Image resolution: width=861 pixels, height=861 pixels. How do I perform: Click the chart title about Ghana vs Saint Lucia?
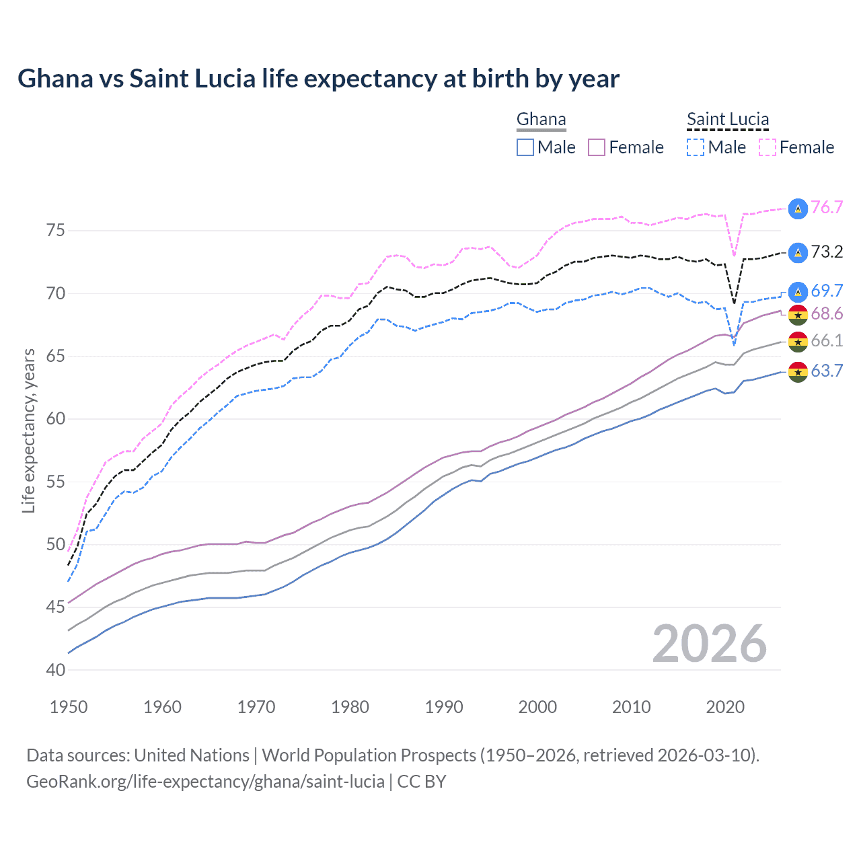[318, 79]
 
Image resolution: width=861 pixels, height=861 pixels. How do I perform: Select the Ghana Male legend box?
[525, 147]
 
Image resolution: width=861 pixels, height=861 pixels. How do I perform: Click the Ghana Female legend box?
[597, 147]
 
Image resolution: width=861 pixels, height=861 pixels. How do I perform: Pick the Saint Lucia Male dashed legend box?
[696, 147]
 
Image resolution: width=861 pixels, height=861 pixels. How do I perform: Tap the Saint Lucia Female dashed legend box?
[768, 147]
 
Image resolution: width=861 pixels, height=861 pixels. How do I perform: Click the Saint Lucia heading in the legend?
[727, 119]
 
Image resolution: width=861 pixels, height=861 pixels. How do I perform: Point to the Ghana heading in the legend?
[541, 119]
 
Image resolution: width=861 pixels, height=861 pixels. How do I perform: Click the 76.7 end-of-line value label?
[827, 207]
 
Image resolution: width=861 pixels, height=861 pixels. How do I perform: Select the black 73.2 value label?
[827, 252]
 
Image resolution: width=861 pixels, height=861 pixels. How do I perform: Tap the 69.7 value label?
[827, 291]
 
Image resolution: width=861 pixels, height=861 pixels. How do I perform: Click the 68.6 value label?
[827, 313]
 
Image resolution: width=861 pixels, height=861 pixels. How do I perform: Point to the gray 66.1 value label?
[827, 340]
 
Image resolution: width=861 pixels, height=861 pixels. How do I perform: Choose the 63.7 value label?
[827, 371]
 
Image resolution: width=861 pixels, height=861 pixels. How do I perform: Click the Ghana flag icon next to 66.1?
[798, 342]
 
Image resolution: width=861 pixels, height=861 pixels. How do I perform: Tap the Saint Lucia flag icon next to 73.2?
[798, 252]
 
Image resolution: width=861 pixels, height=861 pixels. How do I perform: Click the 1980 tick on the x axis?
[350, 707]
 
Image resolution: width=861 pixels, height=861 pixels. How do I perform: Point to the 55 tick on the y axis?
[56, 482]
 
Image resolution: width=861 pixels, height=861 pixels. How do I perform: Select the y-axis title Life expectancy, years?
[29, 430]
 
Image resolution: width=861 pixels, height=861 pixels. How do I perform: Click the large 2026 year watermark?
[709, 644]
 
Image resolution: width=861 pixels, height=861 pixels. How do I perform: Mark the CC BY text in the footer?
[422, 782]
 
